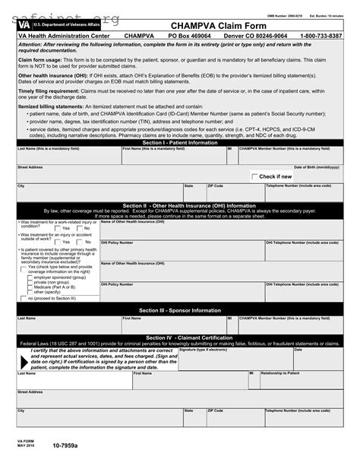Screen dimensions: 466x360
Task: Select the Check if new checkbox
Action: [x=254, y=176]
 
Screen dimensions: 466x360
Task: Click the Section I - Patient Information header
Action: [x=180, y=142]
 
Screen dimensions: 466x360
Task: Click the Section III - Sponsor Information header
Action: [x=180, y=310]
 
